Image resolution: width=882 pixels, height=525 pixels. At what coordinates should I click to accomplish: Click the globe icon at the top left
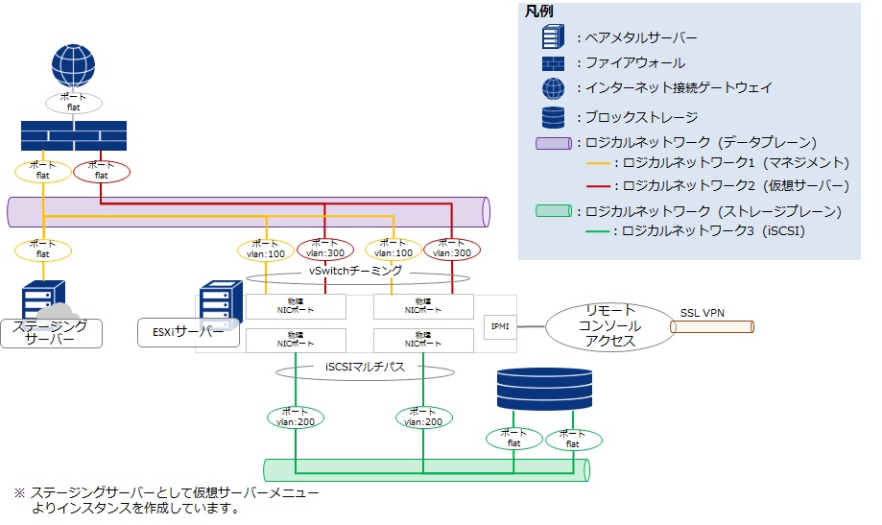tap(73, 64)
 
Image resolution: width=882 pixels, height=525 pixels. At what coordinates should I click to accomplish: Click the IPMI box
tap(499, 326)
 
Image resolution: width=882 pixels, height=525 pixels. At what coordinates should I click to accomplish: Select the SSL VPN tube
tap(712, 327)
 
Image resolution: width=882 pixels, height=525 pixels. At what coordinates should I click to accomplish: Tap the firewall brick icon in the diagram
tap(73, 136)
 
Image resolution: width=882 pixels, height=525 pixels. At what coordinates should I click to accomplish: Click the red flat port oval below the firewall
tap(101, 171)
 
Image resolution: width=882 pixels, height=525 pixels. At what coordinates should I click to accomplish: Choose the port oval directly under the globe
tap(73, 102)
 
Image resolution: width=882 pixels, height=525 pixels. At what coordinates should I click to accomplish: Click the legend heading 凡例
tap(538, 11)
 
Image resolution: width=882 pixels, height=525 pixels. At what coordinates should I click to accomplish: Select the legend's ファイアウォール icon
tap(553, 63)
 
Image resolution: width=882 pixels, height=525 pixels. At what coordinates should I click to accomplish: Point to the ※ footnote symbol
tap(18, 492)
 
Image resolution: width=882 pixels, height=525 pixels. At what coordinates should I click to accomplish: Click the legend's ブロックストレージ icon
tap(553, 116)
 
